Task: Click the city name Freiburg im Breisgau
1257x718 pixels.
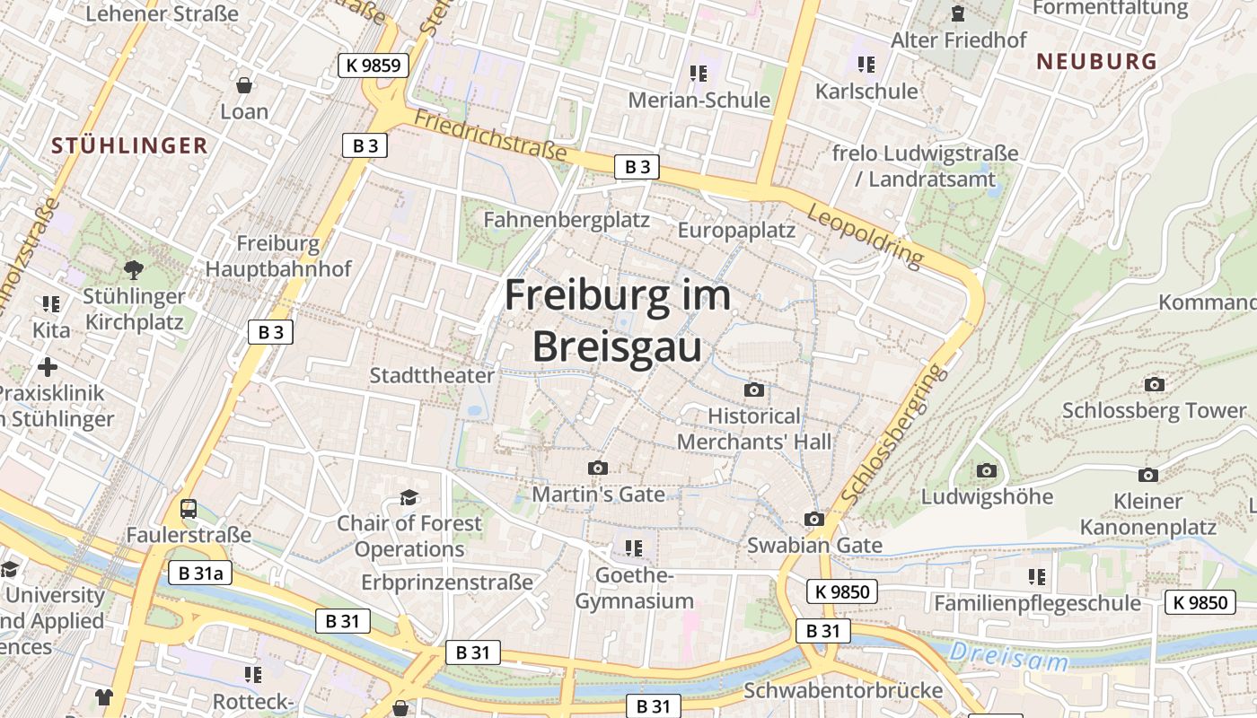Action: click(x=617, y=320)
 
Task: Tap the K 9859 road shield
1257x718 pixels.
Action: click(x=374, y=65)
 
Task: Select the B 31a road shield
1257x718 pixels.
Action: click(x=200, y=573)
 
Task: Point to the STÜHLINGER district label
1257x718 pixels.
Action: click(x=129, y=145)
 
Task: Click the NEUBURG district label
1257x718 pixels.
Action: click(x=1096, y=61)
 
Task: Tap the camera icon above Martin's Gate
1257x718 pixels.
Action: click(x=597, y=468)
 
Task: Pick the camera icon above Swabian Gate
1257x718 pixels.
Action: click(x=814, y=519)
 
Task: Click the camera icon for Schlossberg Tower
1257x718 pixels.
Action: click(x=1155, y=384)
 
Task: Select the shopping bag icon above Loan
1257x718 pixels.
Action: click(x=243, y=85)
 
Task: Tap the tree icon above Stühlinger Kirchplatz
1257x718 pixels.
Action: click(x=134, y=268)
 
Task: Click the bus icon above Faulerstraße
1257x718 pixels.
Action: click(x=189, y=509)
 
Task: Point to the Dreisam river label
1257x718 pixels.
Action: click(x=1009, y=657)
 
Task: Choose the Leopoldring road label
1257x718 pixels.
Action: click(x=865, y=235)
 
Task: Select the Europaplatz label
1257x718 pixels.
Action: click(x=736, y=230)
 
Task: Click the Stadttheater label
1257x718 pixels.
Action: click(x=432, y=375)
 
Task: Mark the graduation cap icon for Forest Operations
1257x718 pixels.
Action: click(x=409, y=496)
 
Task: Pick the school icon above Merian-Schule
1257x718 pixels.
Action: click(x=699, y=73)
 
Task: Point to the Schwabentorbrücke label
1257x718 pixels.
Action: click(x=843, y=690)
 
